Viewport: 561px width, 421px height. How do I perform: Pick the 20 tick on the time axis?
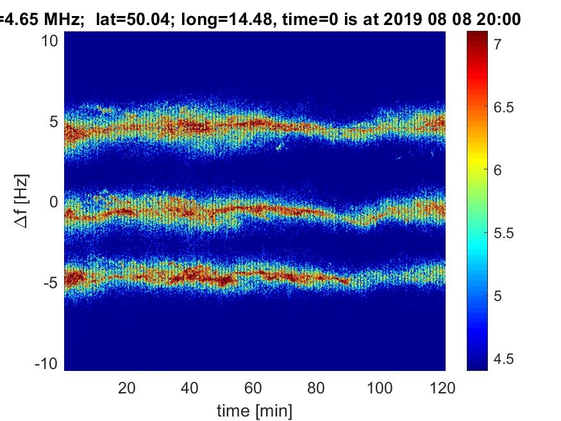click(x=127, y=388)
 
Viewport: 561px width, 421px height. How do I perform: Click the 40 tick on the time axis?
click(x=190, y=388)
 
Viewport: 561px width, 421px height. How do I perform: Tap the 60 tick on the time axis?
click(x=254, y=388)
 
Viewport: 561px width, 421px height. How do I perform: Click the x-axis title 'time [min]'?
click(x=255, y=409)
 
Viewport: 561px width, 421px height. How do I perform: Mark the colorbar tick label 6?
click(x=498, y=170)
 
